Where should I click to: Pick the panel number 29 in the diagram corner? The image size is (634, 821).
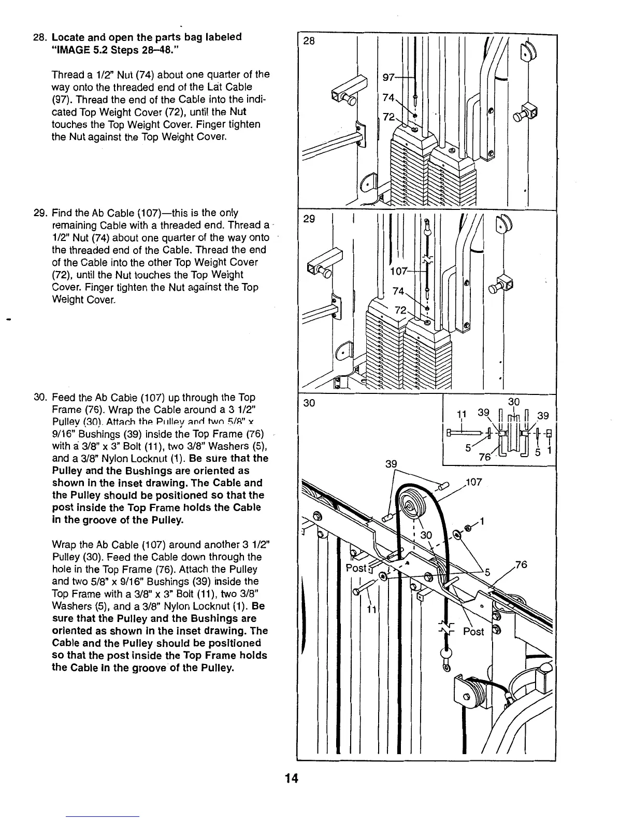click(309, 219)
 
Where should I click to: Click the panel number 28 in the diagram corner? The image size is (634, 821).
click(309, 41)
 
